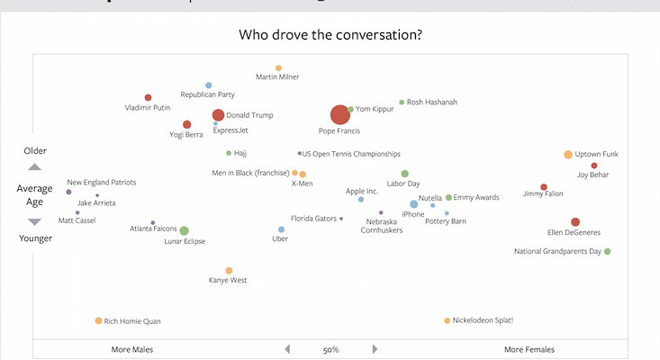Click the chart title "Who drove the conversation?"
tap(330, 36)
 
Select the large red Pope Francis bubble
tap(339, 114)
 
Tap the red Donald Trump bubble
tap(218, 115)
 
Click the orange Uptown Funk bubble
tap(568, 155)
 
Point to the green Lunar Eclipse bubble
tap(184, 231)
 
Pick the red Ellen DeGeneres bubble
tap(575, 221)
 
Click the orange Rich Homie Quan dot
tap(99, 321)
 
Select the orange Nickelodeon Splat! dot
tap(447, 320)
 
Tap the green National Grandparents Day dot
tap(608, 252)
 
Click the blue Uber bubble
tap(281, 229)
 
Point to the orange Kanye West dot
tap(229, 270)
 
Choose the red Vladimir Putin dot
tap(149, 98)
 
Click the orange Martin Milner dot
tap(278, 68)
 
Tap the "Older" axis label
tap(34, 150)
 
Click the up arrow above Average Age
tap(34, 166)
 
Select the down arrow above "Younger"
tap(34, 221)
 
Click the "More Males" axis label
tap(132, 349)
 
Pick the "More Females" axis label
tap(529, 349)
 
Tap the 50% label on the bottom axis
tap(330, 349)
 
